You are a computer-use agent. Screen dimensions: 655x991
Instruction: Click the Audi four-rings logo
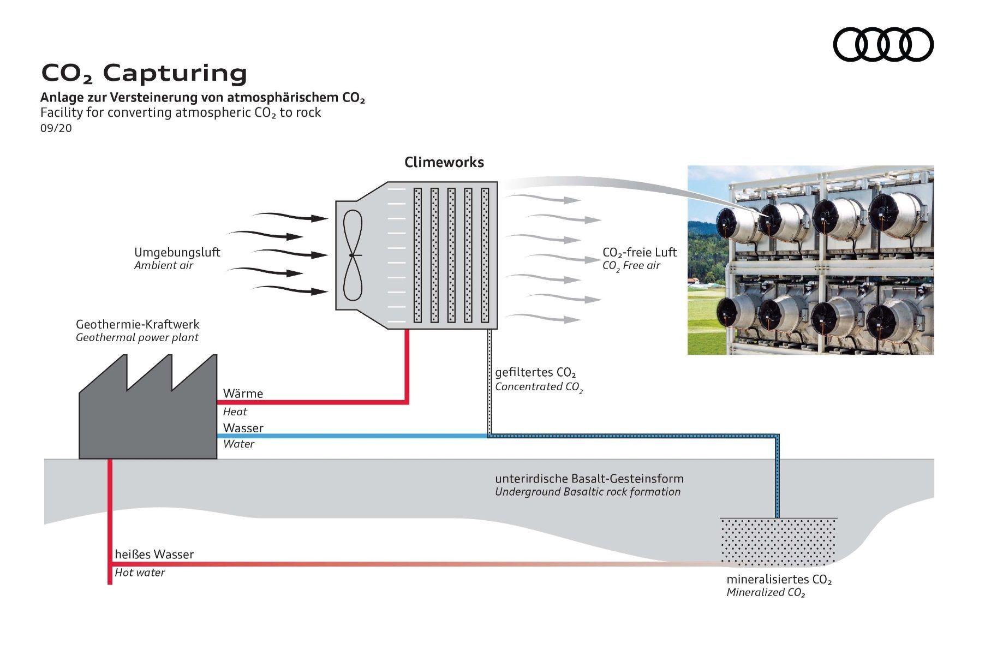[x=883, y=44]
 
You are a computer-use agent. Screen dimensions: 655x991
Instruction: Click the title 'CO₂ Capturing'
[x=145, y=73]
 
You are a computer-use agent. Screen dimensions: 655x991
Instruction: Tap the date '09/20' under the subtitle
[x=56, y=128]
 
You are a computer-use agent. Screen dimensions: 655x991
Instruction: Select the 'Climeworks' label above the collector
[x=444, y=162]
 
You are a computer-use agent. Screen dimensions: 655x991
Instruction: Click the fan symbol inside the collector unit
[x=353, y=255]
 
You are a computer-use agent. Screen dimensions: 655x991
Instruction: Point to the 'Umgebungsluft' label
[x=177, y=252]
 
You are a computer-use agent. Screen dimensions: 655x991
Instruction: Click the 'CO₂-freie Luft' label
[x=639, y=252]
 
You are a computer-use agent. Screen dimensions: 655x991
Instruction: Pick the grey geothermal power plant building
[x=148, y=420]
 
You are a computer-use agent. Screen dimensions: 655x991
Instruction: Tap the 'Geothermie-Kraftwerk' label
[x=138, y=324]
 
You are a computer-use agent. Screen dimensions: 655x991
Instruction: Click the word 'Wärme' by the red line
[x=243, y=394]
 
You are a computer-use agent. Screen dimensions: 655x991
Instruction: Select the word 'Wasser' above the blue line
[x=243, y=428]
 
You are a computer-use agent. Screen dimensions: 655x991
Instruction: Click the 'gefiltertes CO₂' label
[x=535, y=373]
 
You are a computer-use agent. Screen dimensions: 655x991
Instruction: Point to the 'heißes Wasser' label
[x=154, y=555]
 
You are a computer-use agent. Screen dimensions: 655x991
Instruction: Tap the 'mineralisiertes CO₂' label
[x=779, y=580]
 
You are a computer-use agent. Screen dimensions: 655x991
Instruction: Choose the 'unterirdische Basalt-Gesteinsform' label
[x=589, y=479]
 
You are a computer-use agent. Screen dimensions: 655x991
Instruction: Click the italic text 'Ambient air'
[x=164, y=266]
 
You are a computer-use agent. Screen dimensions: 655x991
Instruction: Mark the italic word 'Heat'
[x=235, y=412]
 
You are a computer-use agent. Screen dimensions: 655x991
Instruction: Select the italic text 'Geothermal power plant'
[x=137, y=337]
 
